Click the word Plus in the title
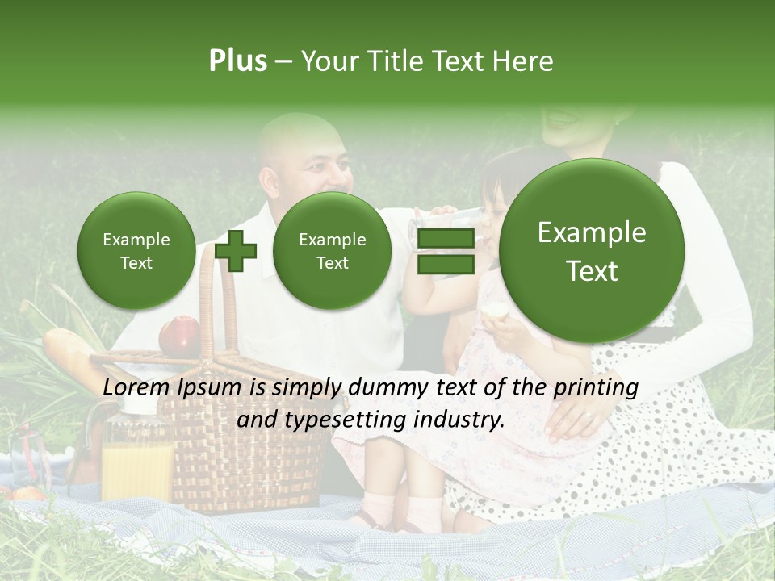coord(237,61)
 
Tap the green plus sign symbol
coord(236,251)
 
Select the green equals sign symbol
coord(445,251)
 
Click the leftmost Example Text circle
coord(136,251)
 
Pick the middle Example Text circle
coord(332,251)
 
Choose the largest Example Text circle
coord(592,251)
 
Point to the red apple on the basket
coord(179,335)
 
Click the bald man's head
coord(303,153)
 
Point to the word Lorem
coord(135,387)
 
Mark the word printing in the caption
coord(597,387)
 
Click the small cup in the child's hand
coord(493,311)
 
